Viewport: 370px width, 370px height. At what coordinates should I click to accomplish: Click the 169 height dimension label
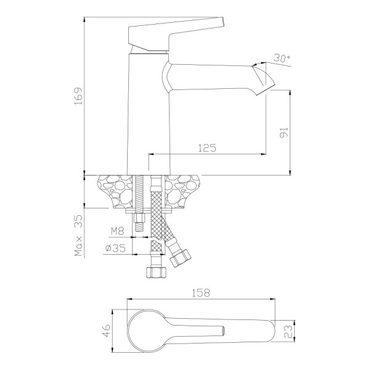(78, 96)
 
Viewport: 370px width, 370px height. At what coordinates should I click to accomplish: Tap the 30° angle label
(282, 58)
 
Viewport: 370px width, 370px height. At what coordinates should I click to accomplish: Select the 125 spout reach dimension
(207, 148)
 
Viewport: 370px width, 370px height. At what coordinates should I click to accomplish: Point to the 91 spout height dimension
(284, 133)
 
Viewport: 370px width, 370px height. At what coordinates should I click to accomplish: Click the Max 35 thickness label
(78, 236)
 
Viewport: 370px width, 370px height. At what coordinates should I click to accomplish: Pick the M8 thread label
(118, 231)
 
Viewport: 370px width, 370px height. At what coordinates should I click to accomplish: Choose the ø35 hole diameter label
(116, 248)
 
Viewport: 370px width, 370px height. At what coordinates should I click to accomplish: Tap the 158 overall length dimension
(201, 293)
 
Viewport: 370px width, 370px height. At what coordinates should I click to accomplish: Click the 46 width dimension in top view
(107, 331)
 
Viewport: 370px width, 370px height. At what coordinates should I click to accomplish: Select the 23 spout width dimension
(289, 331)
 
